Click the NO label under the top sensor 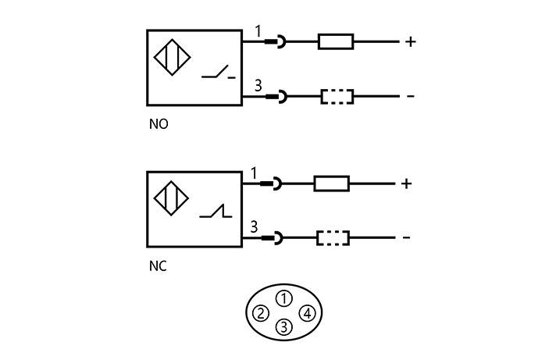pyautogui.click(x=159, y=124)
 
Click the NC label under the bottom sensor pyautogui.click(x=158, y=266)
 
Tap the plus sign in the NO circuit pyautogui.click(x=410, y=41)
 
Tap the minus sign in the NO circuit pyautogui.click(x=410, y=97)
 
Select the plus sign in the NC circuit pyautogui.click(x=405, y=184)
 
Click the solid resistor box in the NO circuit pyautogui.click(x=336, y=41)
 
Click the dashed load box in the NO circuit pyautogui.click(x=337, y=97)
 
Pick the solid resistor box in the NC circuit pyautogui.click(x=331, y=184)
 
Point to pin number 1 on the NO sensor pyautogui.click(x=258, y=32)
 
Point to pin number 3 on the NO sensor pyautogui.click(x=258, y=85)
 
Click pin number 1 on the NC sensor pyautogui.click(x=253, y=173)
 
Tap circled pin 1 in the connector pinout pyautogui.click(x=284, y=298)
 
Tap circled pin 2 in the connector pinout pyautogui.click(x=261, y=314)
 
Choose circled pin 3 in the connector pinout pyautogui.click(x=284, y=327)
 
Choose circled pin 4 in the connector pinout pyautogui.click(x=308, y=314)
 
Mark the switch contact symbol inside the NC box pyautogui.click(x=215, y=212)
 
